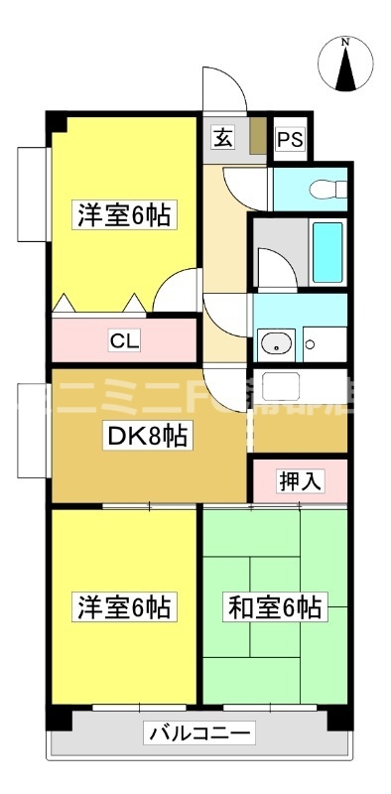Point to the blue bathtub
click(x=327, y=252)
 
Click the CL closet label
click(x=124, y=341)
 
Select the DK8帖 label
click(x=148, y=434)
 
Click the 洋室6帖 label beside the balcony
click(x=124, y=607)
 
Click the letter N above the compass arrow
click(x=345, y=43)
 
